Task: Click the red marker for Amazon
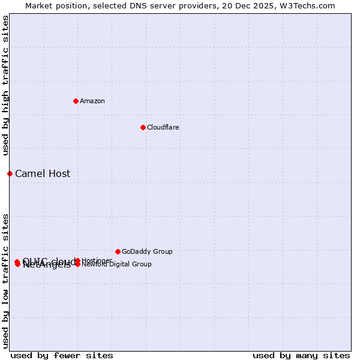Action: point(76,101)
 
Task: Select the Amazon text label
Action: point(92,101)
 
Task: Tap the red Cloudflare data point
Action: point(143,127)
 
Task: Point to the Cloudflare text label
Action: point(163,127)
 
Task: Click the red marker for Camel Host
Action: point(10,173)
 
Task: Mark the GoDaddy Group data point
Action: point(118,251)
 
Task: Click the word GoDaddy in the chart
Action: point(135,252)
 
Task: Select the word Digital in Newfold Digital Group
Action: point(120,264)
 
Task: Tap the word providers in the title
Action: point(177,5)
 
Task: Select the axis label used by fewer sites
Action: point(62,355)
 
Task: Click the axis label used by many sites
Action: point(301,355)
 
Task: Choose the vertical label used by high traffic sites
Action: point(5,86)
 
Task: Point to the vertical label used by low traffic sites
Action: point(5,280)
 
